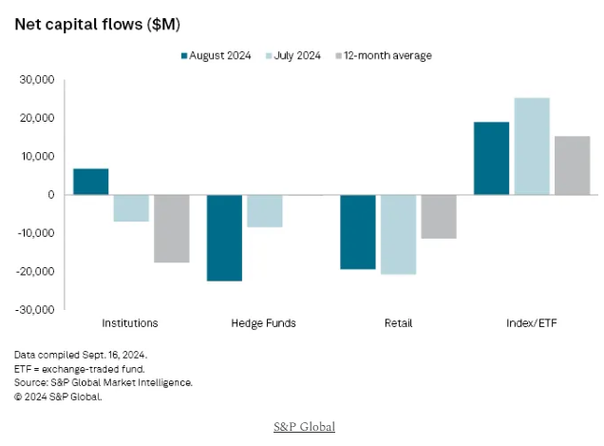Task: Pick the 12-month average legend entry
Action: point(385,56)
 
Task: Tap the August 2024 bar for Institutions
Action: point(91,182)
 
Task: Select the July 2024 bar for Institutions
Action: point(131,208)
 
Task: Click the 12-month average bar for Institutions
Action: point(172,228)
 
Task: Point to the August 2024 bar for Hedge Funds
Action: point(224,238)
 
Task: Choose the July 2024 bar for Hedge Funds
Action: point(264,211)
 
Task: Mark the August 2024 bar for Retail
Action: point(357,232)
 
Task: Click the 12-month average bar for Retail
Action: point(438,216)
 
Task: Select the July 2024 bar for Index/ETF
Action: point(531,146)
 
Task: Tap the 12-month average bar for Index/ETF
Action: point(572,165)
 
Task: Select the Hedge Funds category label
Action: point(263,323)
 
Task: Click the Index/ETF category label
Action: point(531,323)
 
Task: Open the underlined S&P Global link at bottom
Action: point(302,427)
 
